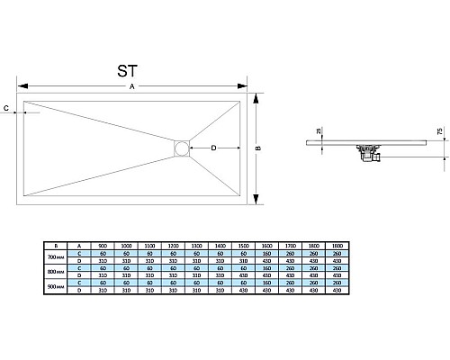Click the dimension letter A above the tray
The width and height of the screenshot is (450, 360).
click(x=132, y=86)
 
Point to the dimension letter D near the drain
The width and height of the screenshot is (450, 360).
click(x=213, y=147)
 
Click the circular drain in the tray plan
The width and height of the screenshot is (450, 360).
click(x=182, y=147)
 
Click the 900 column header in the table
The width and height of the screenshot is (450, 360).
click(x=103, y=246)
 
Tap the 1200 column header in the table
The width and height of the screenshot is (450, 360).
click(x=174, y=246)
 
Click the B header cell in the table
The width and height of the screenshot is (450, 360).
click(x=56, y=246)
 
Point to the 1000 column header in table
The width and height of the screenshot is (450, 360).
click(x=126, y=246)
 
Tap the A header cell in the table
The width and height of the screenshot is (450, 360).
click(x=79, y=246)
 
